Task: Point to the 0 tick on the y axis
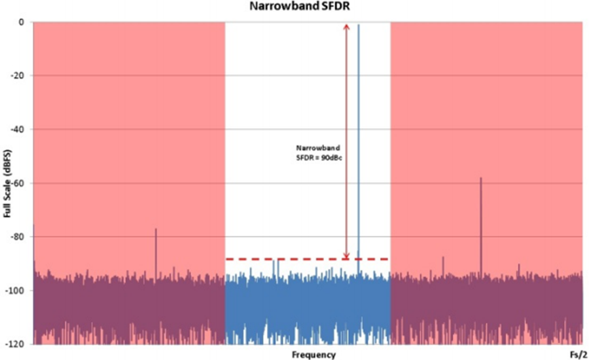point(22,22)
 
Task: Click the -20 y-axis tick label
point(18,76)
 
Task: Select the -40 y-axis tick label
point(18,130)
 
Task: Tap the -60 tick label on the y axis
point(18,183)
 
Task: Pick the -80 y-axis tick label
point(18,237)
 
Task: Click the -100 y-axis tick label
point(16,291)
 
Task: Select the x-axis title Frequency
point(315,354)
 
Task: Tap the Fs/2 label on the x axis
point(575,354)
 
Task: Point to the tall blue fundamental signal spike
point(359,131)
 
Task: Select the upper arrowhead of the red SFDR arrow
point(347,27)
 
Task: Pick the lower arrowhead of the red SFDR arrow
point(347,255)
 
